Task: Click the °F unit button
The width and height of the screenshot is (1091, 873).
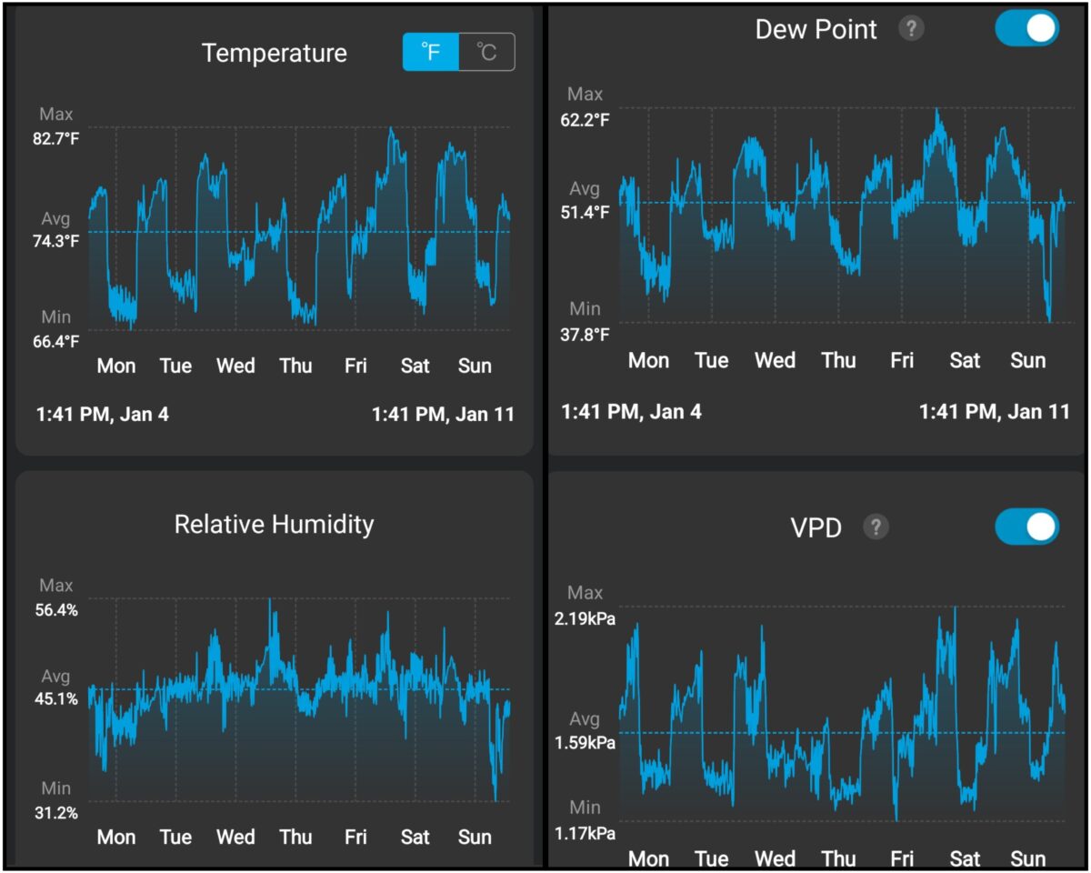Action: coord(431,53)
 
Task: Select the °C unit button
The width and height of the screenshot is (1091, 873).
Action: coord(486,53)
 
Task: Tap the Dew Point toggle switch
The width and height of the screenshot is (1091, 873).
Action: coord(1026,28)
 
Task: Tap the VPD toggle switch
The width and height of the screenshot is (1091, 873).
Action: coord(1026,527)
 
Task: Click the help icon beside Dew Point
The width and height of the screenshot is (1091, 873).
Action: coord(911,29)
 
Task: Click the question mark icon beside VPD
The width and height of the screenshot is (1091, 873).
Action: coord(876,527)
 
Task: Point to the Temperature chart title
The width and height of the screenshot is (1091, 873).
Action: coord(275,53)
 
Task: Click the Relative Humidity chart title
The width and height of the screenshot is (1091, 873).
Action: coord(274,525)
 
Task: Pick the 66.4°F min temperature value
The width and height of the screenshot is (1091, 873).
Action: coord(57,342)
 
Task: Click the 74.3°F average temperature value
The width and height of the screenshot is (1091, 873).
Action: coord(57,241)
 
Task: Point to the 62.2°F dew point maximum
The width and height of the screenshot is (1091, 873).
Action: coord(585,119)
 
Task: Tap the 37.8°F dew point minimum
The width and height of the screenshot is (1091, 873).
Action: coord(585,334)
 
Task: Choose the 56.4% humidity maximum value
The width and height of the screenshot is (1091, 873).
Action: coord(56,610)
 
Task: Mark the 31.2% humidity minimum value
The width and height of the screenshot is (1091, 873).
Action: coord(56,813)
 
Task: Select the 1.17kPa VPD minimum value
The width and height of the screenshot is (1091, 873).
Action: coord(586,833)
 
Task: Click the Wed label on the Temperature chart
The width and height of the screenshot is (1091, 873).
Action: coord(235,366)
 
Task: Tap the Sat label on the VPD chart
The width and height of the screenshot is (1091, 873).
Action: coord(965,858)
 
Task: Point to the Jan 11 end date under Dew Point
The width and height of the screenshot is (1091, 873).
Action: coord(995,412)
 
